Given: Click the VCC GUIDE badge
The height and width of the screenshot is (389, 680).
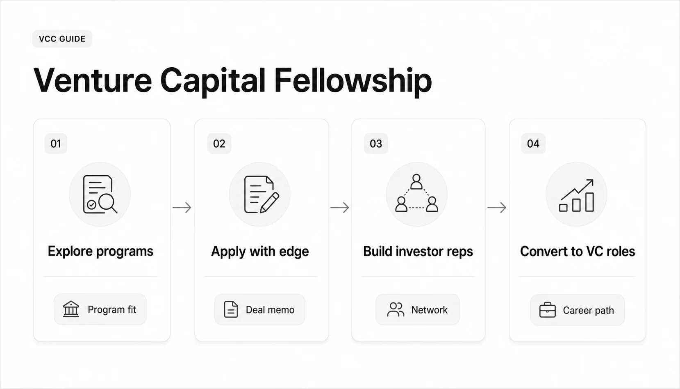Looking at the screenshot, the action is (x=62, y=39).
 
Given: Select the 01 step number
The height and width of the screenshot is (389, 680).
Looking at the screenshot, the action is (x=56, y=144).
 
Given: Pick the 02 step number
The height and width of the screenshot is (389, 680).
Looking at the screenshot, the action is (x=219, y=144).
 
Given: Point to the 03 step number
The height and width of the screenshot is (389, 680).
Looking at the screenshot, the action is (x=376, y=144).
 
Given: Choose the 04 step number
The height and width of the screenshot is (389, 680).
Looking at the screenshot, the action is (x=533, y=144).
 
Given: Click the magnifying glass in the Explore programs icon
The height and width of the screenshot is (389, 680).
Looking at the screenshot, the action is (x=107, y=202).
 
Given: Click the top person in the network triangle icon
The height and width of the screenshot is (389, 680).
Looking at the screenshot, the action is (x=416, y=182).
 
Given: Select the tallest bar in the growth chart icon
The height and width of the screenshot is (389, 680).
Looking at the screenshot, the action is (x=589, y=202).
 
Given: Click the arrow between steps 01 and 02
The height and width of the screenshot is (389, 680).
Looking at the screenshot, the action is (x=182, y=208).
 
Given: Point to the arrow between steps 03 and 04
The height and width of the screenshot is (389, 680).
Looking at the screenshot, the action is (x=497, y=208).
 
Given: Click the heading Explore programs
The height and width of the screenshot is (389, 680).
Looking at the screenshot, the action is (x=100, y=252).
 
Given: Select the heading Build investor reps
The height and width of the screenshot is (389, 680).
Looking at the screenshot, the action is (x=418, y=252).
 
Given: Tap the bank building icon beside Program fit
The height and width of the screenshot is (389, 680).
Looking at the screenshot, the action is (x=71, y=309).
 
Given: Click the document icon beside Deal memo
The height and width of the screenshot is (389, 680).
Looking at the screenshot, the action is (x=231, y=309).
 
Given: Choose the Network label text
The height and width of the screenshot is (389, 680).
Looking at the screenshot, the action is (x=429, y=310).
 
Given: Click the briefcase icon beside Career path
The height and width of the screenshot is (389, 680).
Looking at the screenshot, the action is (x=547, y=310).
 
